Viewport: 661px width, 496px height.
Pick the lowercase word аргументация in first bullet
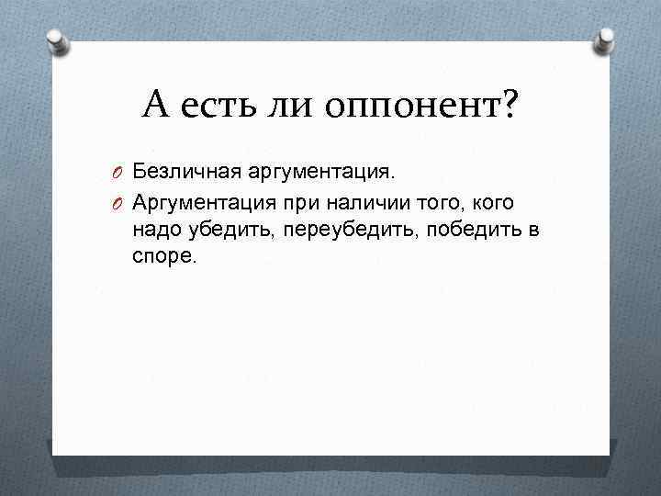tap(319, 173)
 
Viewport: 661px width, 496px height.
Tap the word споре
tap(163, 258)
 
